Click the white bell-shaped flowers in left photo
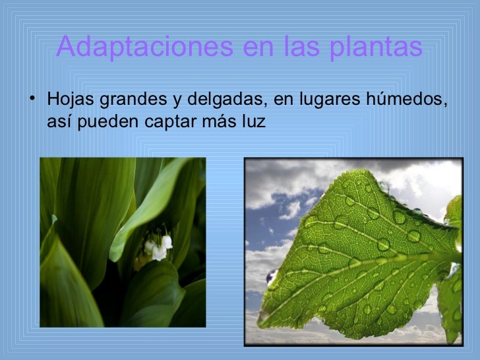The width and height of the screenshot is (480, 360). [158, 248]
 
